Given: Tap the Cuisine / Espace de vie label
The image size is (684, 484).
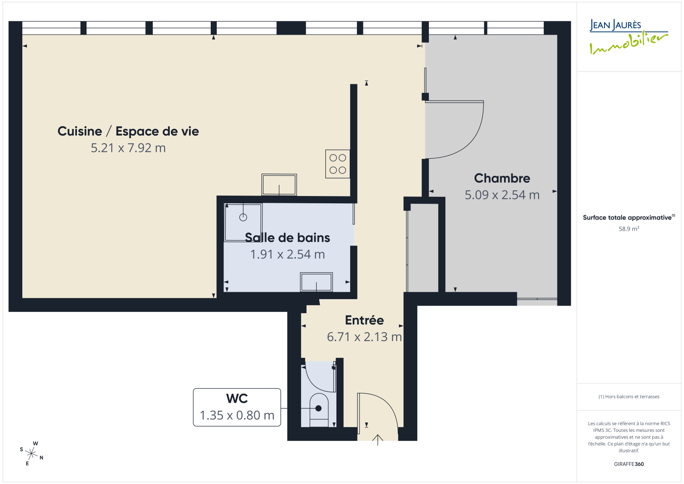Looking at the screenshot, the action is tap(128, 131).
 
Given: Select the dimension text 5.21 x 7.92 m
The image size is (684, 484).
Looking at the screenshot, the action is tap(128, 148).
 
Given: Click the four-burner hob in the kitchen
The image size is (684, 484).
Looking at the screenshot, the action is tap(337, 164).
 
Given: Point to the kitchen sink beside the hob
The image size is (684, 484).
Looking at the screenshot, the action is tap(279, 185).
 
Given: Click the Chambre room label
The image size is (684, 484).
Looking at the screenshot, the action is tap(502, 178).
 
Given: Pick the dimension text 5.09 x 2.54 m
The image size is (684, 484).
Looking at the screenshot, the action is tap(502, 195).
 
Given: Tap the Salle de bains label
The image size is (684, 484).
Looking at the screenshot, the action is tap(287, 238).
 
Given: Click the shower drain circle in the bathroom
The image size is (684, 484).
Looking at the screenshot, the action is tap(243, 217).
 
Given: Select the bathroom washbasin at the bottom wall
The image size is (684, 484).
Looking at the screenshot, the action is tap(316, 282).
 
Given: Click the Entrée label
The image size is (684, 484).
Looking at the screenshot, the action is tap(364, 320).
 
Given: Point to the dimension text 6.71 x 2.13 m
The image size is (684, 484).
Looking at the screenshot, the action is tap(364, 337).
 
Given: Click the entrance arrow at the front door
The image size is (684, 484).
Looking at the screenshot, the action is tap(378, 439).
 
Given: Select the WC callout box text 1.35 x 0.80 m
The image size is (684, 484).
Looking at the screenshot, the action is tap(237, 415).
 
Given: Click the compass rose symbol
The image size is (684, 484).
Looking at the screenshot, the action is tap(32, 454).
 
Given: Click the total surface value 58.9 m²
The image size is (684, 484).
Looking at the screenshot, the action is tap(629, 229).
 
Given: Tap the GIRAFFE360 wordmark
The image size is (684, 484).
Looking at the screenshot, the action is tap(629, 464).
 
